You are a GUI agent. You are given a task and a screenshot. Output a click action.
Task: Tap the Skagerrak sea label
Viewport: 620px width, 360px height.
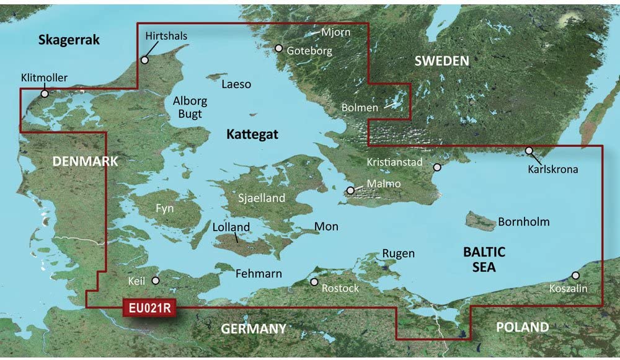coord(69,40)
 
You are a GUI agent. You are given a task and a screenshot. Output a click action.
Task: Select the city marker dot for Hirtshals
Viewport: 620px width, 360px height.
coord(144,60)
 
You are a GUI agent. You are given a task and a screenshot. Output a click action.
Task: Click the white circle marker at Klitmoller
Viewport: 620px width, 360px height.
coord(44,94)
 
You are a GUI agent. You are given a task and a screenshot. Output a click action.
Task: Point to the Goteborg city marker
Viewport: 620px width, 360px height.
coord(279,48)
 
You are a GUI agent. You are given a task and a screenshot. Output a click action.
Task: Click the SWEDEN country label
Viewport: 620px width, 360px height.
coord(441,61)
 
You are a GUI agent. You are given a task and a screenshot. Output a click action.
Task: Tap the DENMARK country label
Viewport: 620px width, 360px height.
coord(85,161)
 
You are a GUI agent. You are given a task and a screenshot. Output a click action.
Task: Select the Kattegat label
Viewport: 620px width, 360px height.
coord(252,134)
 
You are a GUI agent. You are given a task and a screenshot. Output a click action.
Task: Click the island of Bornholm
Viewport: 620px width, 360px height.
coord(480,220)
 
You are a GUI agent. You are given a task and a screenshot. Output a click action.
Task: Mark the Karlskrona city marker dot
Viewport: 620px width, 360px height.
coord(529,150)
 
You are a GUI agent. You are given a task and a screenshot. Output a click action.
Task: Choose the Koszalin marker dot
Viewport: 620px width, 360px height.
coord(575,275)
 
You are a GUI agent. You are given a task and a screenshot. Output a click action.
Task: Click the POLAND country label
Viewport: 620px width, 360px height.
coord(522,327)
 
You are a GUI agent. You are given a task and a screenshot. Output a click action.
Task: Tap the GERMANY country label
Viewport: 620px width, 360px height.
coord(254,328)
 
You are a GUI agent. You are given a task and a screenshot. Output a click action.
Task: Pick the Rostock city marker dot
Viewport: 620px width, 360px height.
coord(314,282)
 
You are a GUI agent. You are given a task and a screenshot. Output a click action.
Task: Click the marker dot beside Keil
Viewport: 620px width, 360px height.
coord(156,280)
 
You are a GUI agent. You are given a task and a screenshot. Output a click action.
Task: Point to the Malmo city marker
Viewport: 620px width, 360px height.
coord(351,190)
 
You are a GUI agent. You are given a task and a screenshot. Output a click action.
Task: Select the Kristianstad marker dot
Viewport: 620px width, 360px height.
coord(437,167)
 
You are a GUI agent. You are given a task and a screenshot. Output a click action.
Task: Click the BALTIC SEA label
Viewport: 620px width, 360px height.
coord(484,260)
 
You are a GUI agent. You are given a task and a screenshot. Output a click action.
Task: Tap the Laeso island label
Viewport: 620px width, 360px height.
coord(236,84)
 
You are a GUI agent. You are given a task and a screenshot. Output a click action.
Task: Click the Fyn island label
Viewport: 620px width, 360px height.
coord(164,208)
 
